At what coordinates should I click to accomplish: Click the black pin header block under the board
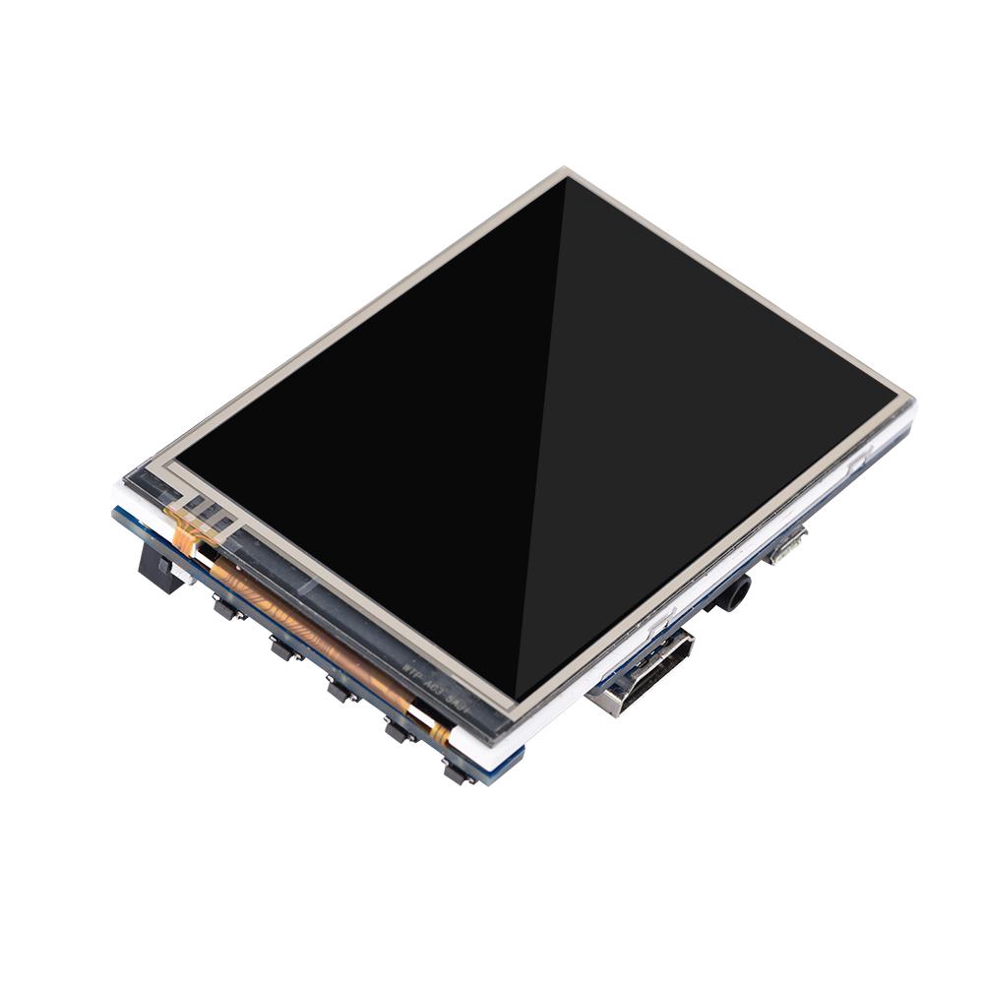(157, 568)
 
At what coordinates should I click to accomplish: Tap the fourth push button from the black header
(398, 731)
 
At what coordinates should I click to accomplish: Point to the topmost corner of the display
(567, 172)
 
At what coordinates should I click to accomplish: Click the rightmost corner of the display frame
(911, 402)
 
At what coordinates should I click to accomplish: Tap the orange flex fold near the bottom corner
(438, 733)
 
